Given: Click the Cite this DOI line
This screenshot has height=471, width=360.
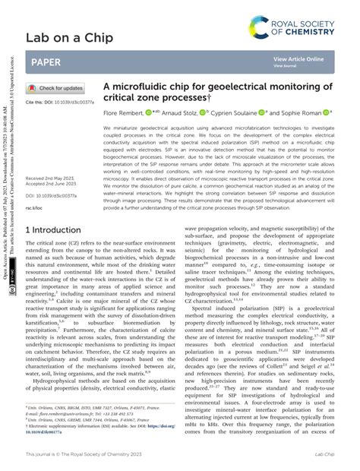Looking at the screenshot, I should (x=60, y=102).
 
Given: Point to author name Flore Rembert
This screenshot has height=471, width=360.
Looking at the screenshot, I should (x=125, y=112).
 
